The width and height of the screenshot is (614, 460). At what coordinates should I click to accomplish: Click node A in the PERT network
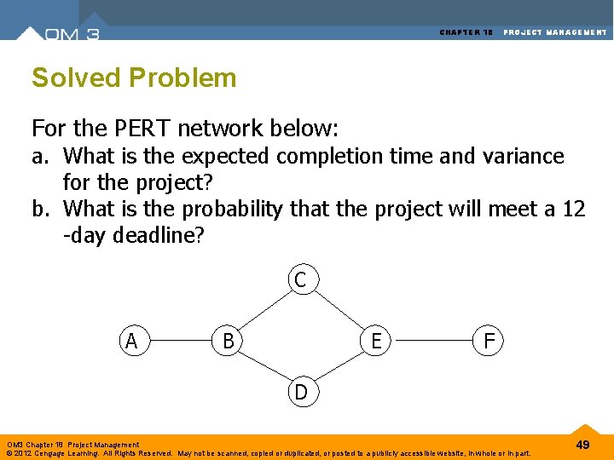point(131,341)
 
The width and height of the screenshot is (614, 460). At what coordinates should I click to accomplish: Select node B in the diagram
point(228,341)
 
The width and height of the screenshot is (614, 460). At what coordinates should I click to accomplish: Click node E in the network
point(375,341)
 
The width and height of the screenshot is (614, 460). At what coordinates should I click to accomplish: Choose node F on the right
point(489,341)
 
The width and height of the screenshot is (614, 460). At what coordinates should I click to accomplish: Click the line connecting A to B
point(179,342)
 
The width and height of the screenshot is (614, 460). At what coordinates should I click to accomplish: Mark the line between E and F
point(432,342)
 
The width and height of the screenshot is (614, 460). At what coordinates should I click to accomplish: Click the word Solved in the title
point(75,78)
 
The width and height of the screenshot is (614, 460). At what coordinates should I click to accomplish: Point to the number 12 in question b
point(573,209)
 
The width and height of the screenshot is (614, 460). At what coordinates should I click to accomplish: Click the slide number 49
point(582,445)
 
